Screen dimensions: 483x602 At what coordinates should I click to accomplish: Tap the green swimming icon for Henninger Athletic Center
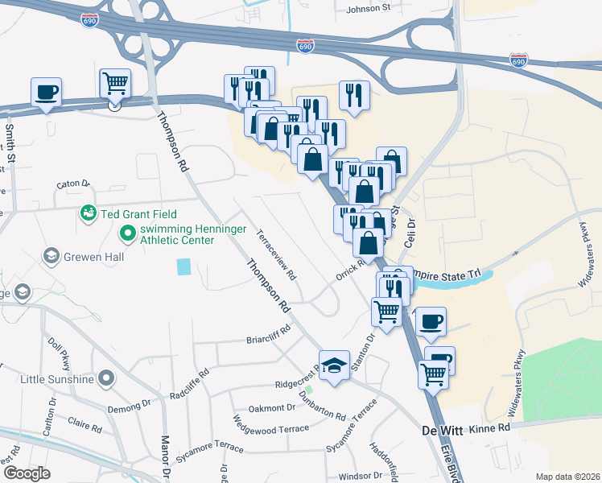coord(126,234)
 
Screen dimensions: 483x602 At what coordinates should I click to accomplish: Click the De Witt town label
coord(442,431)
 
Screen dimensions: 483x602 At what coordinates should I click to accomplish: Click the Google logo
coord(27,473)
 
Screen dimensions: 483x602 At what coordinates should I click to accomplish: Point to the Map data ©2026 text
coord(567,477)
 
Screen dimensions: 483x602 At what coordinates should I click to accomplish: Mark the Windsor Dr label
coord(360,477)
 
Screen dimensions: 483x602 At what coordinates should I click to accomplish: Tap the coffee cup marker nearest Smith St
coord(47,92)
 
